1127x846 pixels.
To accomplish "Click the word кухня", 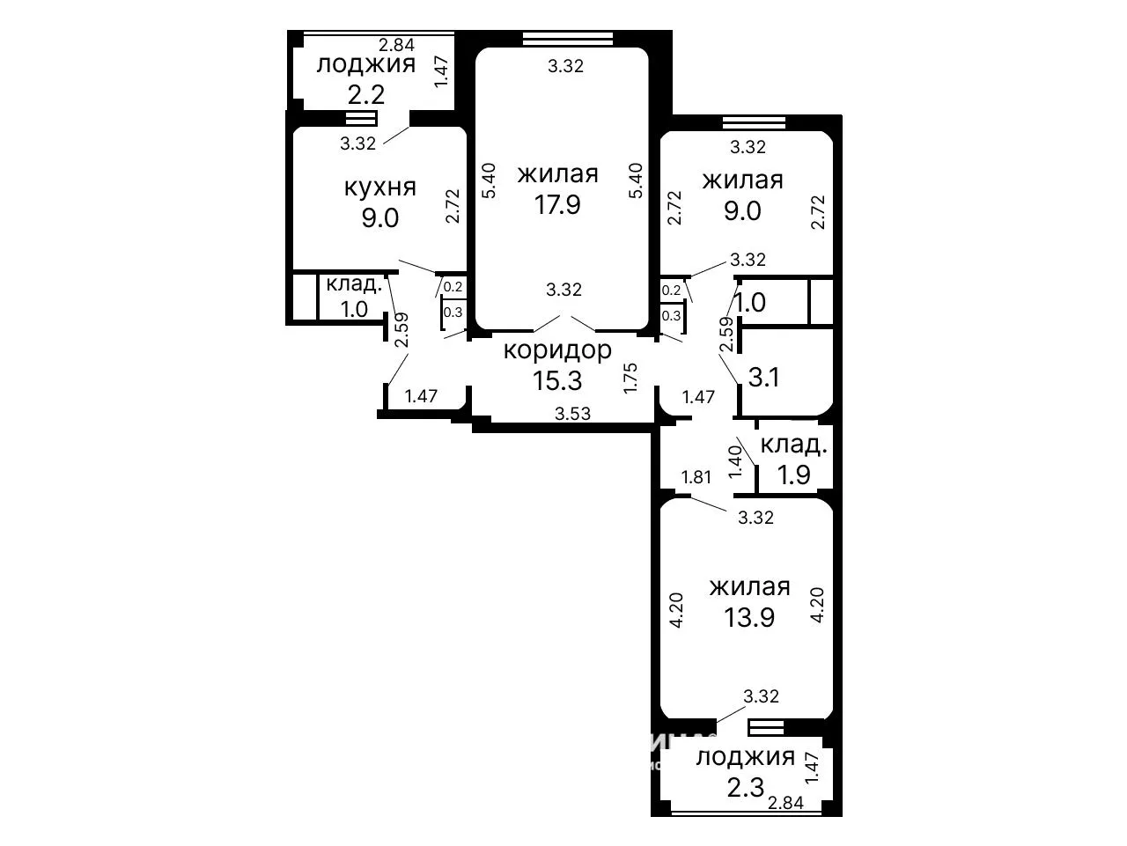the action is coord(380,188).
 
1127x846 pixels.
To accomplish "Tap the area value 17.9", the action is coord(557,204).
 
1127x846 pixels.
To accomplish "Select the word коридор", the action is coord(557,351).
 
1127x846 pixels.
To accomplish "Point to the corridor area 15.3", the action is coord(557,381).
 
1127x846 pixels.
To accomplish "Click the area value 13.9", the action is coord(749,617).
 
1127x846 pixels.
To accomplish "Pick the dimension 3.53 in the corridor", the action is coord(573,413).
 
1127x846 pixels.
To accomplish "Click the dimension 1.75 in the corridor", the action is coord(630,379).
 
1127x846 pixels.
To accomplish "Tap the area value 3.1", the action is coord(764,378).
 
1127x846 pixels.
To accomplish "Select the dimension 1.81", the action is coord(696,477).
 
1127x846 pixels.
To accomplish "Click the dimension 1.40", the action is coord(736,461).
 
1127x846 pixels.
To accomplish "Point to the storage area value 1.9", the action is coord(794,474).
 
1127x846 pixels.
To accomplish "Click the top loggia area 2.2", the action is coord(366,95).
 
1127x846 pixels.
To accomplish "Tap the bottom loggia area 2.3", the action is coord(746,788).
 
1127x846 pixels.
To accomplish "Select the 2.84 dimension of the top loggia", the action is coord(396,45).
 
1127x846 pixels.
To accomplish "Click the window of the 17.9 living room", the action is coord(568,39).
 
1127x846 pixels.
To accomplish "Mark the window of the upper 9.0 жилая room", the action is coord(754,122).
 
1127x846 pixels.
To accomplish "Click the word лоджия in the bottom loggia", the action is coord(746,758).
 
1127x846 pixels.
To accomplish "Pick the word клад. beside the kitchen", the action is coord(354,283).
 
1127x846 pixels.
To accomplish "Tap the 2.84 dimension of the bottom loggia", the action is coord(785,802).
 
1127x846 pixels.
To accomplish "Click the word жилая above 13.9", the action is coord(749,587).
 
